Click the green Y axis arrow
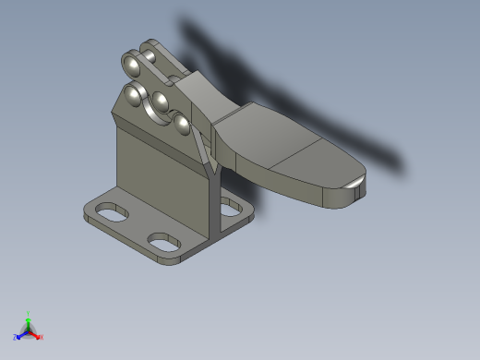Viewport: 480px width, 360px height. pos(29,320)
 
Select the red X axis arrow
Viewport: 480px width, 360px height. pos(36,335)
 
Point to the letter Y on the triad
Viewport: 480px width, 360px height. pos(29,314)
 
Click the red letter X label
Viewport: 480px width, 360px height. pos(42,337)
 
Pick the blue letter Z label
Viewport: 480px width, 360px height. pos(16,337)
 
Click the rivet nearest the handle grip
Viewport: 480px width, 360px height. pos(182,122)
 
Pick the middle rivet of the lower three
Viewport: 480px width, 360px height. pos(160,101)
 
